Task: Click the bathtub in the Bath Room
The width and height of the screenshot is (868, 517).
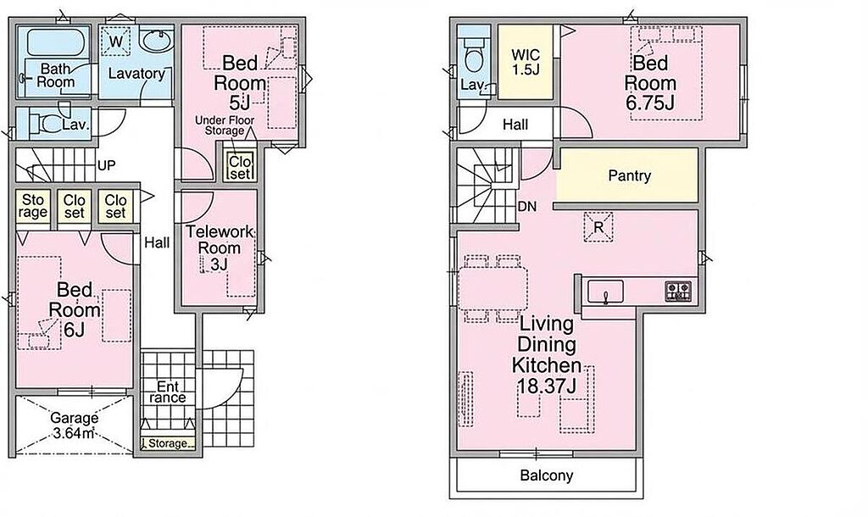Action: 54,42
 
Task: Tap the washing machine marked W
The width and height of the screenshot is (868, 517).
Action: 115,42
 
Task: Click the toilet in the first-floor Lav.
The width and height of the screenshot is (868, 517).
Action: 47,122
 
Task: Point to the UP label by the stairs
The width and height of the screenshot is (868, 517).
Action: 106,165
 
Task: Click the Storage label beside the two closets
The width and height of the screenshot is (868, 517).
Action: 33,206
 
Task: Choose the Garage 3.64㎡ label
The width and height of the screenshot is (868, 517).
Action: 75,425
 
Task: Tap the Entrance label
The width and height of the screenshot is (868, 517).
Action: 168,392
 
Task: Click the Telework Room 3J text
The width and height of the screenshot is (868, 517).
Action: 220,247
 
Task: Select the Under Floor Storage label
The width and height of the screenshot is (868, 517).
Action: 225,125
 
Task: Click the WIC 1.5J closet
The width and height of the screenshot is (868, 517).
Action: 526,62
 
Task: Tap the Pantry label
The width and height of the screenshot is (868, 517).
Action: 630,175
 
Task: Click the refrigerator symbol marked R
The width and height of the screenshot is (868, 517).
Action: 598,227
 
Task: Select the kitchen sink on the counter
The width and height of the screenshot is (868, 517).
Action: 605,292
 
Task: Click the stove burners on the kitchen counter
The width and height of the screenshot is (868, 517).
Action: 677,292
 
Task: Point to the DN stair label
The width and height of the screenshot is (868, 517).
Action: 527,207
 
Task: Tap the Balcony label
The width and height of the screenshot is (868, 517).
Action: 547,475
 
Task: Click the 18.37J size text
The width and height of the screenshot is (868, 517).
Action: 547,386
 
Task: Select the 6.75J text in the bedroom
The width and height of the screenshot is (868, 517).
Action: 650,103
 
